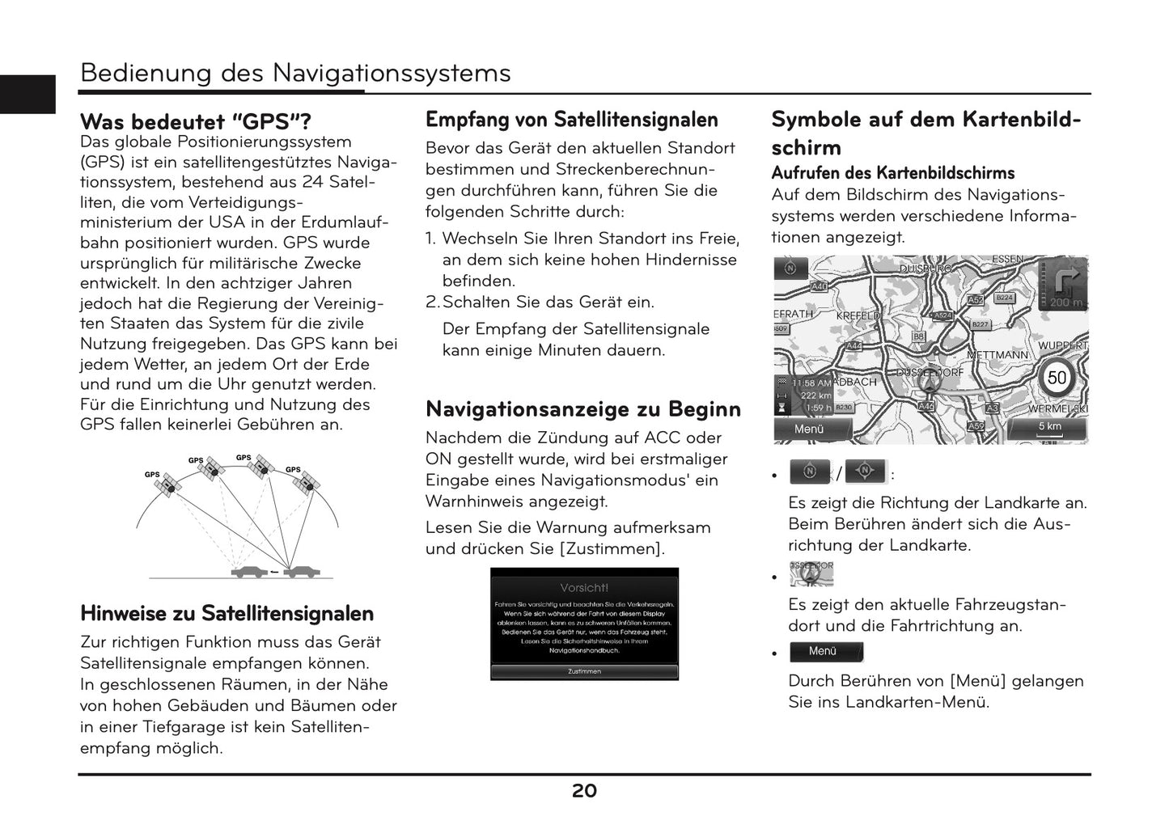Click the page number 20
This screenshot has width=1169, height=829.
pyautogui.click(x=584, y=791)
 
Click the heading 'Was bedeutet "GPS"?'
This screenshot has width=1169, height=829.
pyautogui.click(x=196, y=122)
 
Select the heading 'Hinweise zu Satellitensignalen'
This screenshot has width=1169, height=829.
pyautogui.click(x=227, y=613)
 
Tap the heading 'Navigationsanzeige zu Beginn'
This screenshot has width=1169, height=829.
pyautogui.click(x=583, y=409)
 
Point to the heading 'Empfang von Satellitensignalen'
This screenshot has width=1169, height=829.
pyautogui.click(x=572, y=120)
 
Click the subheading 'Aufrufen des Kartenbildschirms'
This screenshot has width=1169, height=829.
pyautogui.click(x=892, y=173)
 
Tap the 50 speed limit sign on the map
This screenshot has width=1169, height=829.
pyautogui.click(x=1057, y=378)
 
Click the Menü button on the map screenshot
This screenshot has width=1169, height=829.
pyautogui.click(x=810, y=429)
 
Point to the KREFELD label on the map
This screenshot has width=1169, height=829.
pyautogui.click(x=858, y=315)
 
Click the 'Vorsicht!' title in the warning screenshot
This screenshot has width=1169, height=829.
pyautogui.click(x=584, y=587)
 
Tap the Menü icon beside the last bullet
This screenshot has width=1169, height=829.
pyautogui.click(x=826, y=652)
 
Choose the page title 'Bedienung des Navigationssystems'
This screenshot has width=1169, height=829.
pyautogui.click(x=295, y=73)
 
